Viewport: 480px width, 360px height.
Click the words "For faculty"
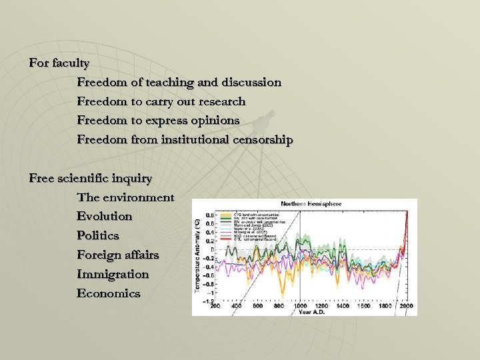tap(59, 63)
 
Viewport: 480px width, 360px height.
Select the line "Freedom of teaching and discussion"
tap(179, 83)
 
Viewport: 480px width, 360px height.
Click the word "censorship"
tap(262, 140)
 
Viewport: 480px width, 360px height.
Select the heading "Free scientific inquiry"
tap(91, 179)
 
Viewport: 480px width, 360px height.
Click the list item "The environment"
tap(125, 197)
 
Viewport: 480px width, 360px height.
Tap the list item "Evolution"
tap(105, 217)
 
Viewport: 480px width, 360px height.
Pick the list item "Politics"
tap(98, 236)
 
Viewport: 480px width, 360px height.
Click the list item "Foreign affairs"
tap(117, 255)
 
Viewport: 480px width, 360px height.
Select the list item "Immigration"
tap(113, 274)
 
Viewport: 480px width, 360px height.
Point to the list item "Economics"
tap(109, 293)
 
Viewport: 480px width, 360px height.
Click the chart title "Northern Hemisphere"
tap(311, 204)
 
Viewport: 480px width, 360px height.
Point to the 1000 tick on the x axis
tap(300, 306)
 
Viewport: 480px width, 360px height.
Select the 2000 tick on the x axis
tap(406, 306)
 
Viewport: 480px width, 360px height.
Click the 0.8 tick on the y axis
tap(210, 215)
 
